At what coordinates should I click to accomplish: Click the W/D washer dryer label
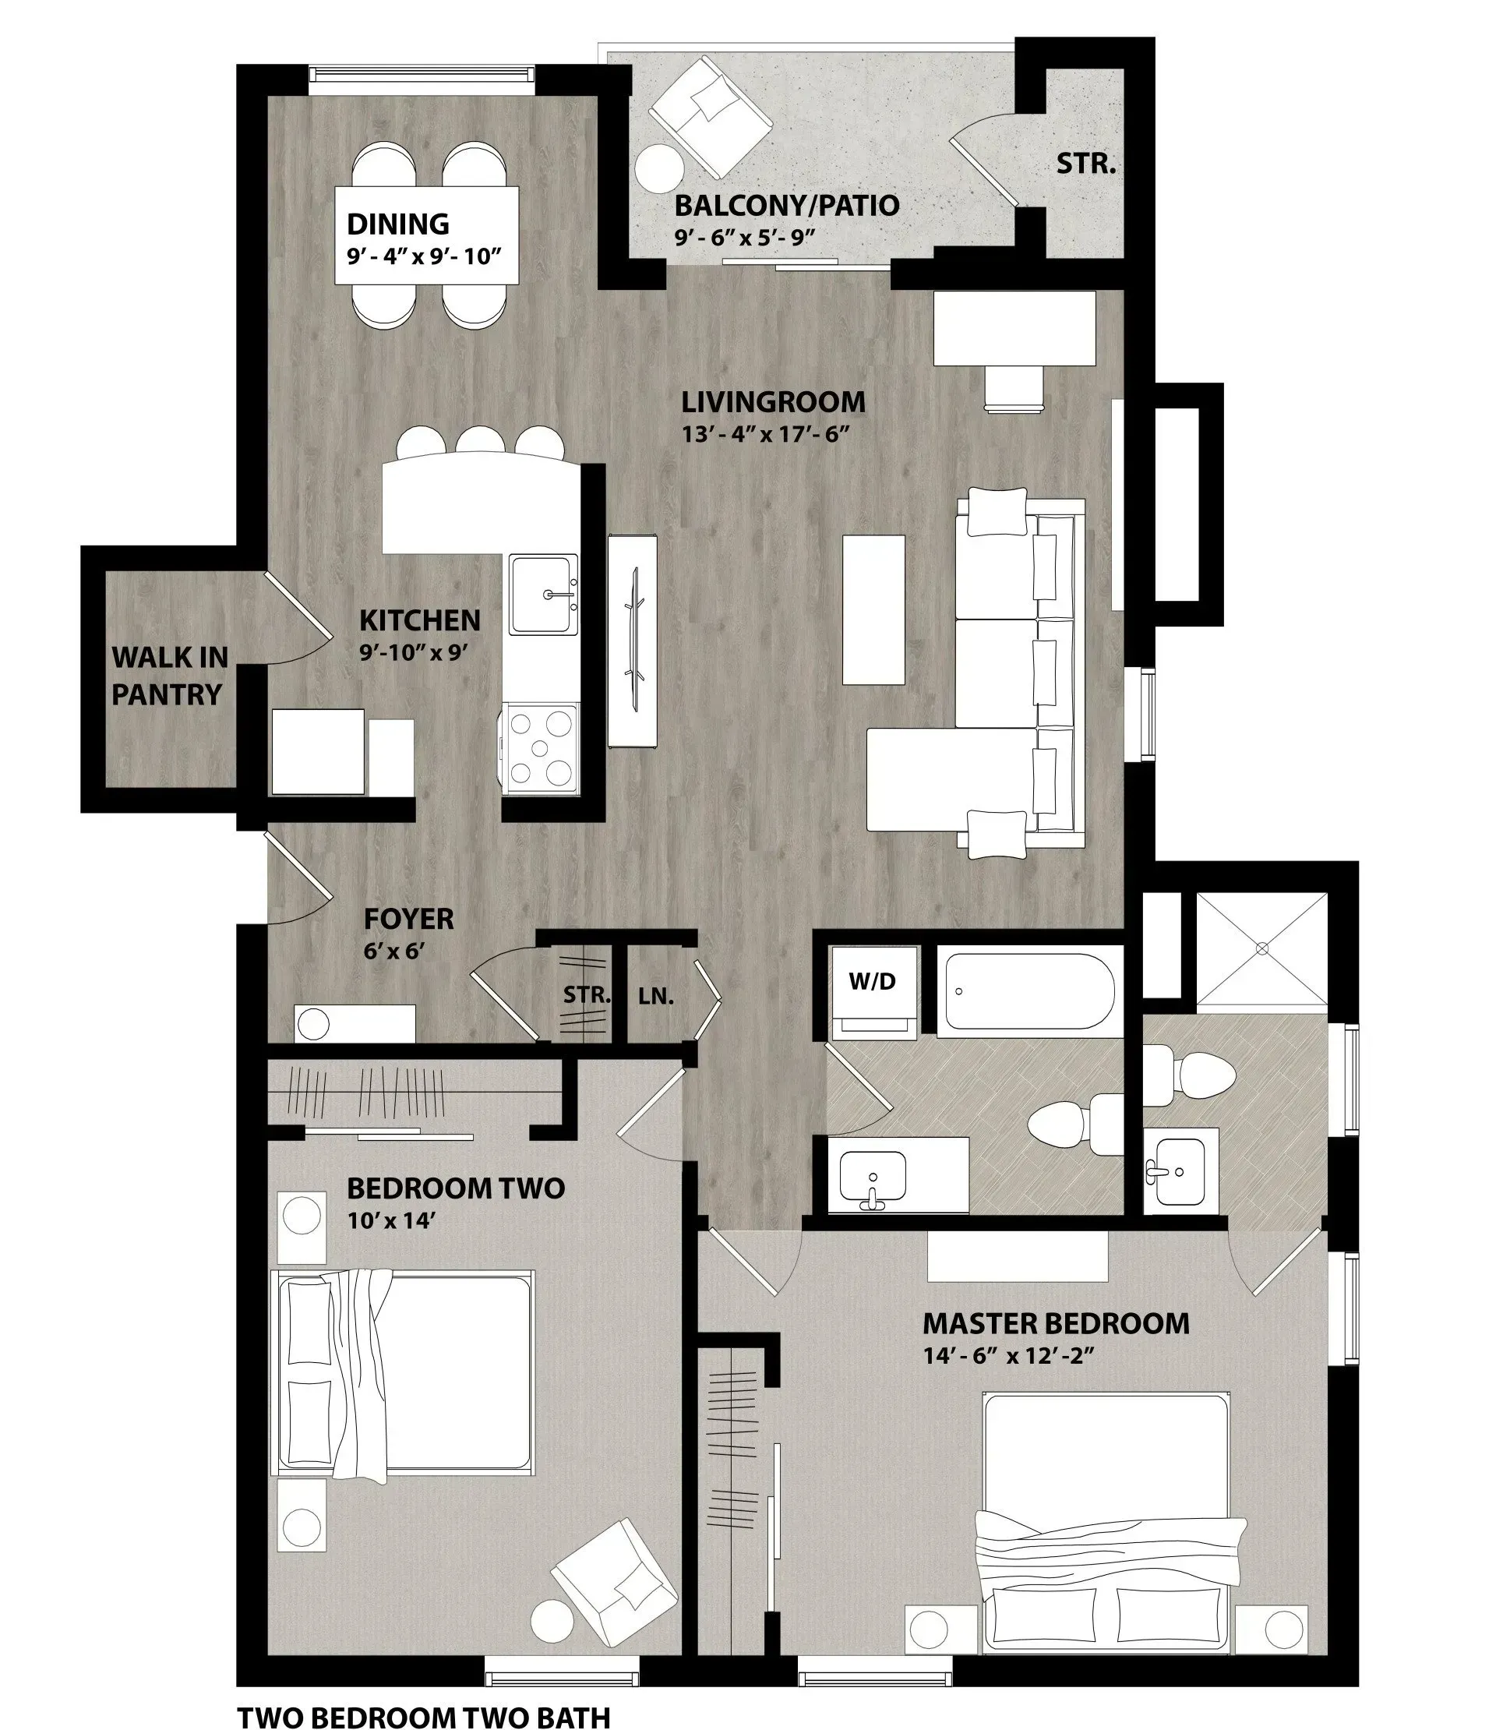[873, 982]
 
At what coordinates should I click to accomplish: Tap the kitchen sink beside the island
[545, 595]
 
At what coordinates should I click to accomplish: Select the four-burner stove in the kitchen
[540, 748]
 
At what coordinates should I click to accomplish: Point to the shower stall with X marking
[1261, 949]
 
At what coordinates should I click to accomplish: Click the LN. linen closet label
[656, 996]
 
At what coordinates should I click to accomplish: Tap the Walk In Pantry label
[170, 676]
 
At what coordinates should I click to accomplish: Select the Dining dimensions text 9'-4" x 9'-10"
[424, 256]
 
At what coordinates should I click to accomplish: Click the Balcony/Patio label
[786, 206]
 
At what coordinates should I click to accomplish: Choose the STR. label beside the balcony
[1086, 164]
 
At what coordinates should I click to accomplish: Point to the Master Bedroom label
[1056, 1324]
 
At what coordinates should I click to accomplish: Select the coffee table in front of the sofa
[873, 609]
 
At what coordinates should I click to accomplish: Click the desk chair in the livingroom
[1014, 387]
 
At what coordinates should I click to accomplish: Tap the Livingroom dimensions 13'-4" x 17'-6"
[764, 434]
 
